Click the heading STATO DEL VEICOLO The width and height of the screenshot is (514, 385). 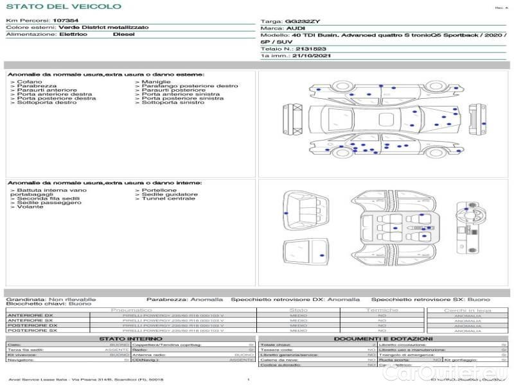click(x=64, y=6)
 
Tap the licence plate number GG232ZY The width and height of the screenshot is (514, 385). click(x=306, y=21)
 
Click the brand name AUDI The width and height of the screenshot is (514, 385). click(x=296, y=29)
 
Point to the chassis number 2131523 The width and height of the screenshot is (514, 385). click(x=311, y=49)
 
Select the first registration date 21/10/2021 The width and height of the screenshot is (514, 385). click(x=310, y=56)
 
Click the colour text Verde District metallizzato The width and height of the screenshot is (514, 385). click(x=103, y=28)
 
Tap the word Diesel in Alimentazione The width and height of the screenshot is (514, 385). click(x=123, y=34)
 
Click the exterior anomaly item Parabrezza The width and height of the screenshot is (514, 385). click(x=37, y=86)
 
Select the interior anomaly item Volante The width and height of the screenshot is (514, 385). click(x=30, y=207)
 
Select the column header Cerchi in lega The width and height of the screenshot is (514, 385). click(x=467, y=310)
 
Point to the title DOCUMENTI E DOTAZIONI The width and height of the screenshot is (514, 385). click(x=382, y=339)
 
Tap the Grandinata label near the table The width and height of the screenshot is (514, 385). click(x=26, y=299)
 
